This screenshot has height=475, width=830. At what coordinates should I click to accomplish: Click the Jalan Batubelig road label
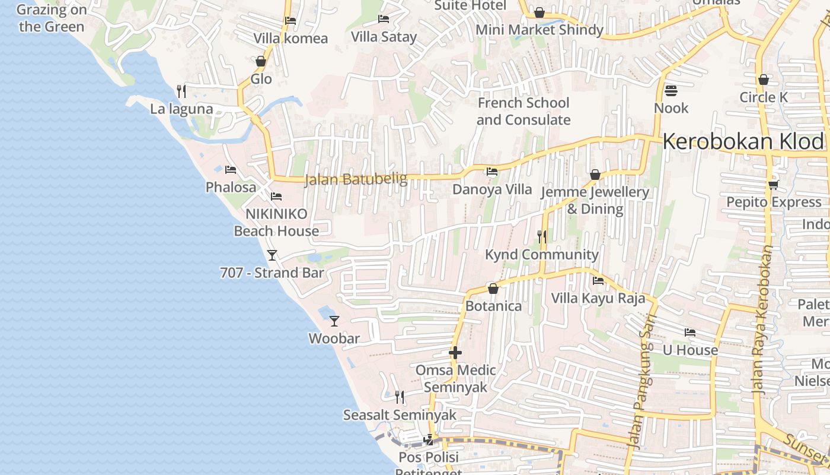pyautogui.click(x=356, y=179)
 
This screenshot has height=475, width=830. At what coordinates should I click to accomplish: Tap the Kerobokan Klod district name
pyautogui.click(x=743, y=142)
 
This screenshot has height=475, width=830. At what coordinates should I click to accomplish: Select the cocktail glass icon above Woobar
pyautogui.click(x=334, y=321)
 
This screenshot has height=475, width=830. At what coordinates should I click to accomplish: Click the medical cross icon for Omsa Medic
pyautogui.click(x=455, y=353)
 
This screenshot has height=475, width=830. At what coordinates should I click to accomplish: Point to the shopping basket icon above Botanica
pyautogui.click(x=493, y=289)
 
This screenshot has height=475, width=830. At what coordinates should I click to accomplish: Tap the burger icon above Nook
pyautogui.click(x=671, y=91)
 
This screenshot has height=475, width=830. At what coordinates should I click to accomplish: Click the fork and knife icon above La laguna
pyautogui.click(x=181, y=91)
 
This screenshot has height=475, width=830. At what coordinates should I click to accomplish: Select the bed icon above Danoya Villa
pyautogui.click(x=491, y=172)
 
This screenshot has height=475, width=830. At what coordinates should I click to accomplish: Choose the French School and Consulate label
pyautogui.click(x=523, y=111)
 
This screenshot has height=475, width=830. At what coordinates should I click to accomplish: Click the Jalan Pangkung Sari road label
pyautogui.click(x=639, y=381)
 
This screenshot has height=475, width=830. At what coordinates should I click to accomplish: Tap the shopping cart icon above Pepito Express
pyautogui.click(x=773, y=185)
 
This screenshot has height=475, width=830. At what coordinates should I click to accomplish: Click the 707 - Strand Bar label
pyautogui.click(x=272, y=273)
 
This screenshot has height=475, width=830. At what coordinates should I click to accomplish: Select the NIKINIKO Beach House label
pyautogui.click(x=276, y=223)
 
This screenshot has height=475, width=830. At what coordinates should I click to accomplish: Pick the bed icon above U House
pyautogui.click(x=689, y=332)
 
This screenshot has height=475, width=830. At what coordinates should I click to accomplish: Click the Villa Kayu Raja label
pyautogui.click(x=598, y=298)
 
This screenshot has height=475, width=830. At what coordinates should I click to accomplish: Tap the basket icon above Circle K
pyautogui.click(x=764, y=80)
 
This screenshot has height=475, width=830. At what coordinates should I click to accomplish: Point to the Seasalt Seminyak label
pyautogui.click(x=400, y=415)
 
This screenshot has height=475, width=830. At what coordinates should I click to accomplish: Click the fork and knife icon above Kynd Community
pyautogui.click(x=541, y=237)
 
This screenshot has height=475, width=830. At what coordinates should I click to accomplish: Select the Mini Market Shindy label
pyautogui.click(x=539, y=30)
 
